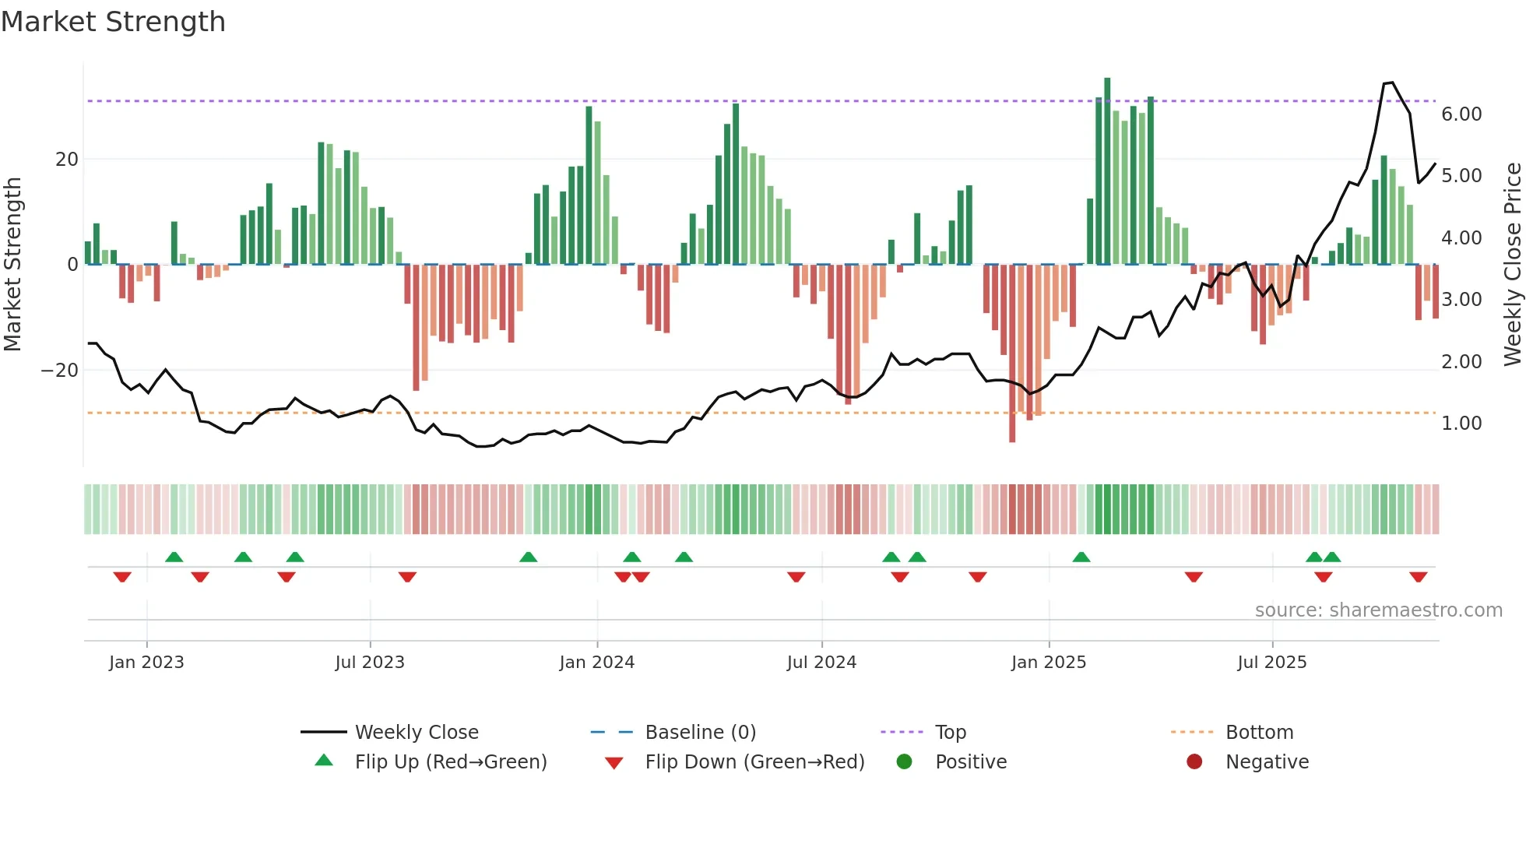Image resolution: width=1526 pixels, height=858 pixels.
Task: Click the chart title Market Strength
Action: pyautogui.click(x=113, y=22)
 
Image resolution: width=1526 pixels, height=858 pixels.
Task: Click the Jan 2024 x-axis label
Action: pyautogui.click(x=596, y=663)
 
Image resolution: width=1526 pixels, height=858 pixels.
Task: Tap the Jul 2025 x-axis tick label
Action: pyautogui.click(x=1271, y=663)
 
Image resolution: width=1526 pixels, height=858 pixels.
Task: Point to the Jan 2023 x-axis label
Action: pyautogui.click(x=146, y=663)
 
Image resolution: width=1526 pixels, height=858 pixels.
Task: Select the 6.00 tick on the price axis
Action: pyautogui.click(x=1461, y=114)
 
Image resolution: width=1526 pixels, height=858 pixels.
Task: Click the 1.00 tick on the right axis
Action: pyautogui.click(x=1461, y=424)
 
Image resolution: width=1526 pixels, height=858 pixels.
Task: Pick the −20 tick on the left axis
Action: pyautogui.click(x=59, y=371)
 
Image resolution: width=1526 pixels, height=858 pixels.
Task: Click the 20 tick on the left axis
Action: pyautogui.click(x=67, y=160)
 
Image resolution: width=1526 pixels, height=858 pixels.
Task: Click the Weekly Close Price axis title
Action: pyautogui.click(x=1512, y=265)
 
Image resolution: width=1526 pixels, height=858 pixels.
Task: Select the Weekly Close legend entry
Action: pyautogui.click(x=416, y=733)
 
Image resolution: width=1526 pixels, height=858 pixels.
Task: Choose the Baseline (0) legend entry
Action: pyautogui.click(x=700, y=733)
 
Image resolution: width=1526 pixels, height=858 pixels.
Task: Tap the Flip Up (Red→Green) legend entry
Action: pyautogui.click(x=450, y=762)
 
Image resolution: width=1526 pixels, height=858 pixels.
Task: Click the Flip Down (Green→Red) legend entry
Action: pyautogui.click(x=754, y=762)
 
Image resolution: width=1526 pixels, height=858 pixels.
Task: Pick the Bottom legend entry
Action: pyautogui.click(x=1259, y=733)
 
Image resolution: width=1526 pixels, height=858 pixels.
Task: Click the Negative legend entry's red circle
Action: pyautogui.click(x=1194, y=762)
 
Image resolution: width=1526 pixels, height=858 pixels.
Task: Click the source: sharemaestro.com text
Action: pyautogui.click(x=1378, y=610)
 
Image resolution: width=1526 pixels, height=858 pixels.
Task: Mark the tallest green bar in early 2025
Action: pyautogui.click(x=1107, y=171)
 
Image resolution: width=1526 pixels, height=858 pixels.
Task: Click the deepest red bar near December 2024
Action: pyautogui.click(x=1012, y=354)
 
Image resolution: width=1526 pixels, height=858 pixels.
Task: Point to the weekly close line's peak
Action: pyautogui.click(x=1391, y=83)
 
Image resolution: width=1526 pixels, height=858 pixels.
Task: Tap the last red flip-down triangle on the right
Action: pyautogui.click(x=1418, y=577)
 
